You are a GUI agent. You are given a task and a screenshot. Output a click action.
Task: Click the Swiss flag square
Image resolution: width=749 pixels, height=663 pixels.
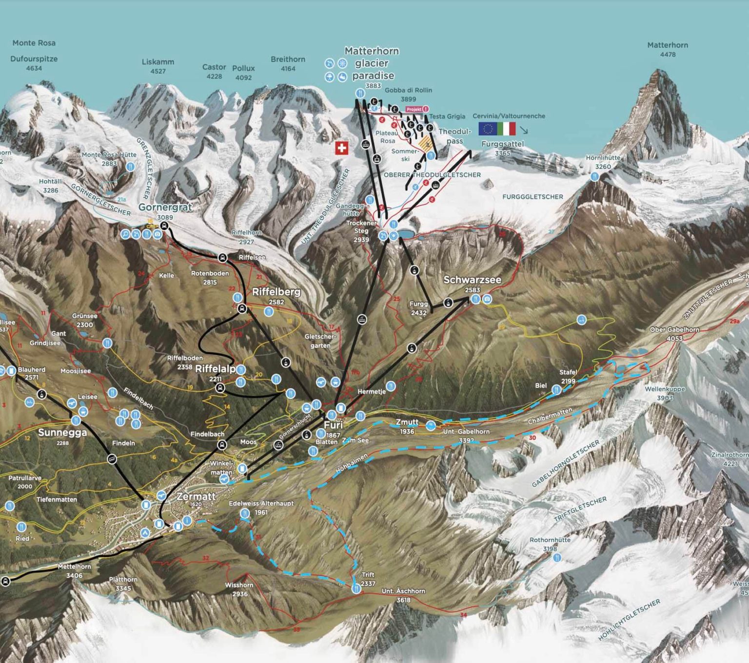click(341, 148)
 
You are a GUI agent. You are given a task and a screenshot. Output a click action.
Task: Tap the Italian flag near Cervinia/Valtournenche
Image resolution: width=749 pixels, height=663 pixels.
click(506, 129)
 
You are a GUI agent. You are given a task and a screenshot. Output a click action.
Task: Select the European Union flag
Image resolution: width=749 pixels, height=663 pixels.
click(488, 129)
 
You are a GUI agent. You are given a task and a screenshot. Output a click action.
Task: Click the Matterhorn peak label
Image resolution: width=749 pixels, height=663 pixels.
click(668, 45)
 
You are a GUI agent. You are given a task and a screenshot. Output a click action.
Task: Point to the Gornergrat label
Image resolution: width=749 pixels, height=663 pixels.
click(165, 207)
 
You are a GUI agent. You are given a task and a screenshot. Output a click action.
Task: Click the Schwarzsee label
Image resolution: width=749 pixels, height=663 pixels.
click(472, 280)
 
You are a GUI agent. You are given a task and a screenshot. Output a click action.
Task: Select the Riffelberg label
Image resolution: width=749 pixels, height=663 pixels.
click(276, 292)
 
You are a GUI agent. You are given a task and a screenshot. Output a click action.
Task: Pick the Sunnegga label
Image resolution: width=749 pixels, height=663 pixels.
click(62, 433)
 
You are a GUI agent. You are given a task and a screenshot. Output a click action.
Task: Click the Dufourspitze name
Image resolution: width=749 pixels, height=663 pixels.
click(34, 59)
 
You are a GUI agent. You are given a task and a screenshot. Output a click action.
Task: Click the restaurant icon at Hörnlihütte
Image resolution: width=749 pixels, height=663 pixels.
click(594, 177)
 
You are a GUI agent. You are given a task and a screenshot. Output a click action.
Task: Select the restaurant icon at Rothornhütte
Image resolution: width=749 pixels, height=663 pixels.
click(557, 557)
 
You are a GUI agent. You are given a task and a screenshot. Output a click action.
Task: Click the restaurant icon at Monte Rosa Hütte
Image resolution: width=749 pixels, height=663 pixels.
click(130, 167)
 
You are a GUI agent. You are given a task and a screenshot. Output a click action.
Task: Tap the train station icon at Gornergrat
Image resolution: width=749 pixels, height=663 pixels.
click(164, 226)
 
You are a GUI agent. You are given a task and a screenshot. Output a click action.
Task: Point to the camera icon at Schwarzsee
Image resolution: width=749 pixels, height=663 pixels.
click(487, 299)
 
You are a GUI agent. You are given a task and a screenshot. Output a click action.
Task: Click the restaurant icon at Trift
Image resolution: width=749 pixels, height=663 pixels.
click(356, 588)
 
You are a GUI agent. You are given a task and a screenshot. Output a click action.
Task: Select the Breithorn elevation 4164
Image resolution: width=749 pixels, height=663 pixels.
click(288, 69)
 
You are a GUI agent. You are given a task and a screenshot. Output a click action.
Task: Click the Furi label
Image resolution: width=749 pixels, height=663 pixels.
click(333, 425)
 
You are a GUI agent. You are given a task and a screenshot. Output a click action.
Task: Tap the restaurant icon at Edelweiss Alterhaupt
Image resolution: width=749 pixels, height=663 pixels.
click(245, 513)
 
